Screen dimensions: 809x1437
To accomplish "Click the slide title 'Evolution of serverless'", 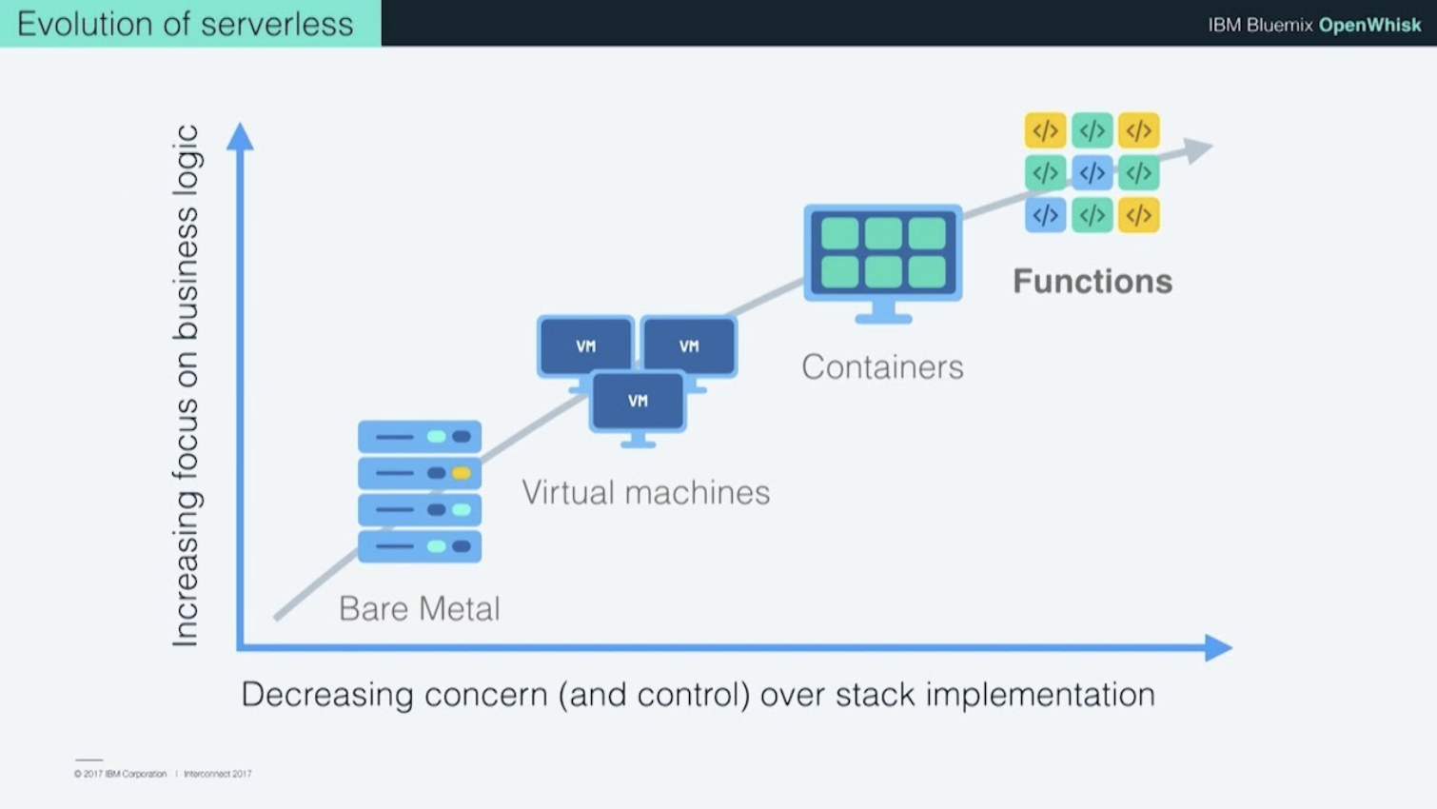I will (x=186, y=24).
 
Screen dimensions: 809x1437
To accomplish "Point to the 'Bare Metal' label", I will (x=419, y=608).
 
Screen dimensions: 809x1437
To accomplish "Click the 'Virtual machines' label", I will (x=645, y=492).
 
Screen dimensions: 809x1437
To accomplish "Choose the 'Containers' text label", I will (x=882, y=366).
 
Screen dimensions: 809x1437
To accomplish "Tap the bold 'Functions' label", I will (x=1092, y=281).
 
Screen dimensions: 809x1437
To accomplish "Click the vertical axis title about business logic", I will (x=186, y=385).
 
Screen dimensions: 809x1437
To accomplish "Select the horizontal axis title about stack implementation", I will (x=698, y=694).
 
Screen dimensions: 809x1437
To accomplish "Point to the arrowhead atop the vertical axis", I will (x=240, y=137).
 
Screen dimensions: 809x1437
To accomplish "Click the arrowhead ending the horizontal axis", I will (x=1217, y=647).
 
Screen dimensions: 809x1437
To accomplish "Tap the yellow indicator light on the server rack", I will (x=462, y=473).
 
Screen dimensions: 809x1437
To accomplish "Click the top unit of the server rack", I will (x=419, y=437).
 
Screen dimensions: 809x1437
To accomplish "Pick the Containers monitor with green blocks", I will (x=882, y=255).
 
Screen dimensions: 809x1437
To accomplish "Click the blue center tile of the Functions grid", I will (x=1092, y=172).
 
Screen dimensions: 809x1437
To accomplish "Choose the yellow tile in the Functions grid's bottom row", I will (x=1138, y=215).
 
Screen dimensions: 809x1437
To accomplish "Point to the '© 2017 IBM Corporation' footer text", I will (x=120, y=774).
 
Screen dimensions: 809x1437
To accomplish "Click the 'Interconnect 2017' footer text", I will (x=218, y=774).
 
